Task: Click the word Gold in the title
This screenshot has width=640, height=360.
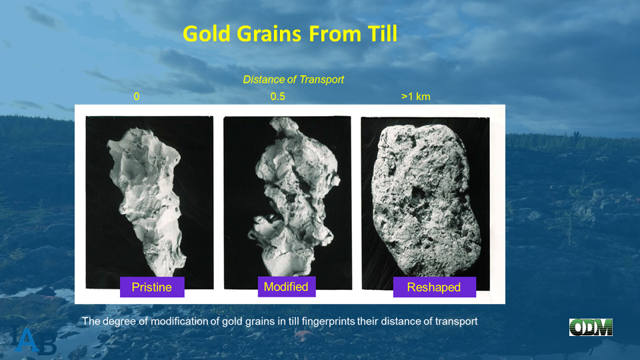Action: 207,34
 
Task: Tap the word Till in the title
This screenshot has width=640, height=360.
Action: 381,34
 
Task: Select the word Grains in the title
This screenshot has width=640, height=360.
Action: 270,34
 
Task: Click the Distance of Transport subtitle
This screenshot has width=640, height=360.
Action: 293,79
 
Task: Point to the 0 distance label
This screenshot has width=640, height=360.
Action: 136,96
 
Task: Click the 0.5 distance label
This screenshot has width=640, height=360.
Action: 277,96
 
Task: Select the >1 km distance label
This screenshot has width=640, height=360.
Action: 415,96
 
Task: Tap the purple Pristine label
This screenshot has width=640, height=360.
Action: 152,287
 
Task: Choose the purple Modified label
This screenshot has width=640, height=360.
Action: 287,287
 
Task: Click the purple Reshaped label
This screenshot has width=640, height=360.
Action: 434,287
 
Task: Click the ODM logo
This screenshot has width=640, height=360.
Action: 591,327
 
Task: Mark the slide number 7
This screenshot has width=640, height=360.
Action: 591,351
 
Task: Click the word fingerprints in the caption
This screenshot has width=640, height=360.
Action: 329,321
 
